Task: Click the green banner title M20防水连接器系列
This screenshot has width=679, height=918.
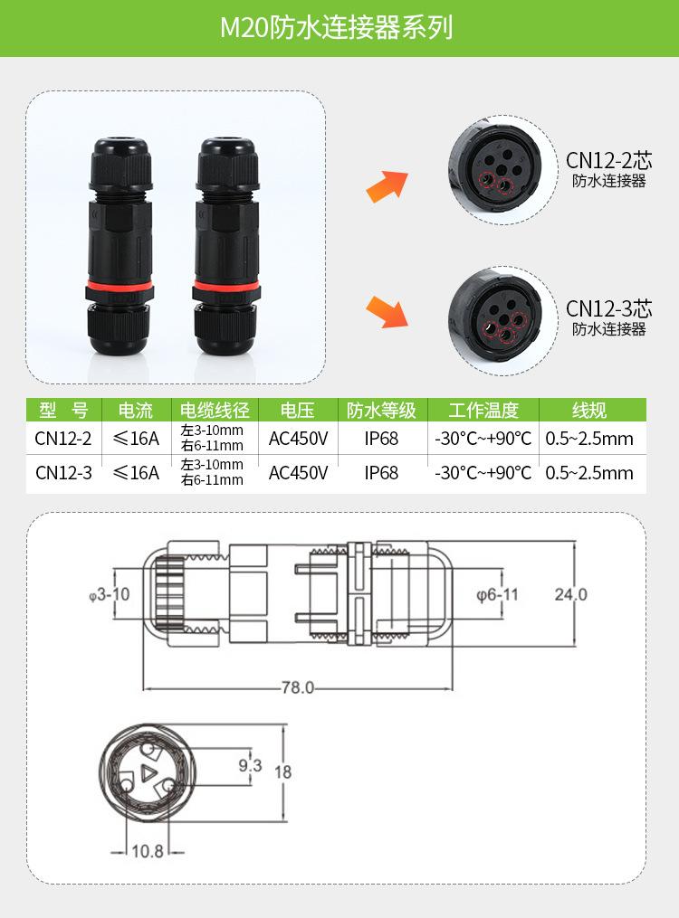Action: [x=337, y=27]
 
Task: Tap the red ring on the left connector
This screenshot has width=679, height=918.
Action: [x=120, y=288]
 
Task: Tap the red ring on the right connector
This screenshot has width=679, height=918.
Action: [x=226, y=288]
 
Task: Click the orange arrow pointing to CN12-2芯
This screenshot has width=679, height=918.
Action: [x=387, y=186]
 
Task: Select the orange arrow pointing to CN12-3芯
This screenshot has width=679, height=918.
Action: [x=387, y=311]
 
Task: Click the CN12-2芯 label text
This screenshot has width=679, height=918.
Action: [x=608, y=160]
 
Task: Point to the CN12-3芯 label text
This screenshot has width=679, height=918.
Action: [x=608, y=308]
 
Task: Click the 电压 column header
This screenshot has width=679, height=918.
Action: [x=298, y=410]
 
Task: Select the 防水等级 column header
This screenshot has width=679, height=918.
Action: [x=381, y=410]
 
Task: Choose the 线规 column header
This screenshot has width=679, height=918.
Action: [x=589, y=410]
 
